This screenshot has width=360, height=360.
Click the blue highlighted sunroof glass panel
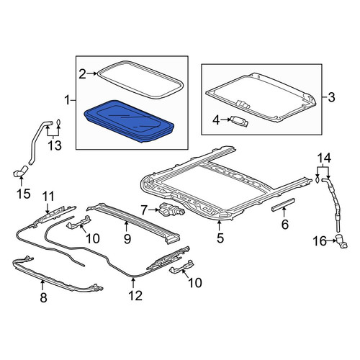pos(129,121)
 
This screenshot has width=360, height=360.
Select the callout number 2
pos(82,74)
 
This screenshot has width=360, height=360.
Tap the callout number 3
pos(331,97)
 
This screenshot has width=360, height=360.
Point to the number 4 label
pos(216,120)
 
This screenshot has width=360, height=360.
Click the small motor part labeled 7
pos(171,210)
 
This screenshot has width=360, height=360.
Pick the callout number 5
pos(220,238)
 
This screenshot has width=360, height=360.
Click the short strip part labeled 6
pos(283,205)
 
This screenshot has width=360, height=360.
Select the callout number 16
pos(320,241)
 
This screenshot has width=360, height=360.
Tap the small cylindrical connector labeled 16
pos(342,241)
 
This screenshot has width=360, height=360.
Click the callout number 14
pos(324,158)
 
